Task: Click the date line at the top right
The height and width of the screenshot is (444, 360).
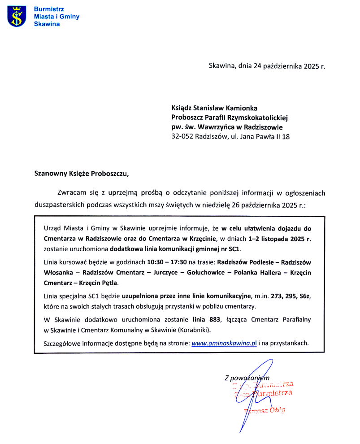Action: click(267, 66)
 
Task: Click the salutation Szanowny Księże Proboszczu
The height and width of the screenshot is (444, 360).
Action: click(84, 173)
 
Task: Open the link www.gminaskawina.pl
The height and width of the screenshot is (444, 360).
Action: click(224, 343)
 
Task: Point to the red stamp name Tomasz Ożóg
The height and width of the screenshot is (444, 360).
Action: click(264, 410)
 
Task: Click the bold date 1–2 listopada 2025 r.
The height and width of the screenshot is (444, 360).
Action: click(273, 238)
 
